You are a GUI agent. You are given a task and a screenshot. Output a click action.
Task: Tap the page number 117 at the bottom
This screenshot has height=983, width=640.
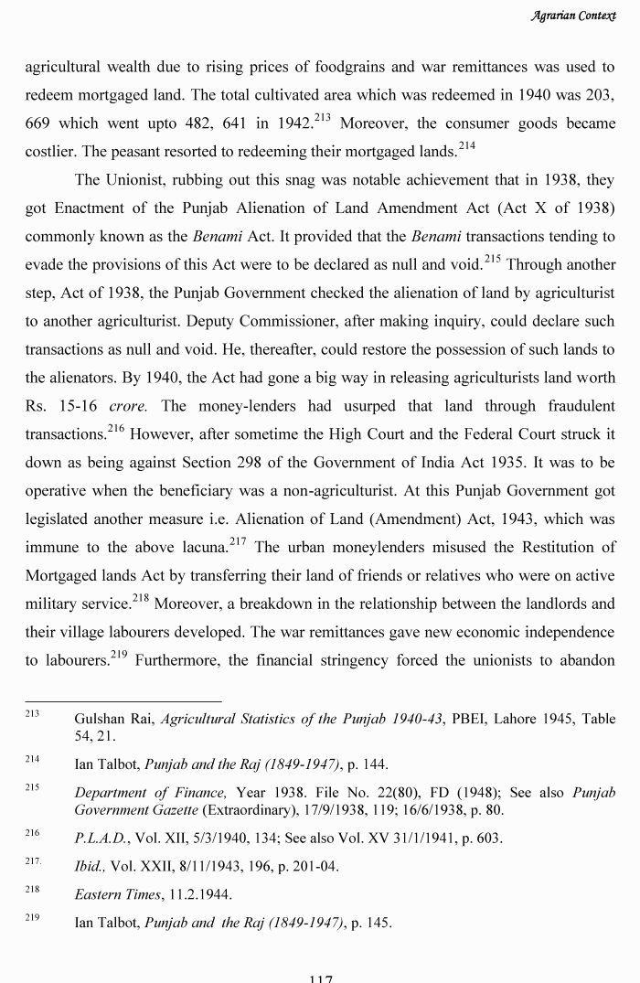pyautogui.click(x=320, y=978)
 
